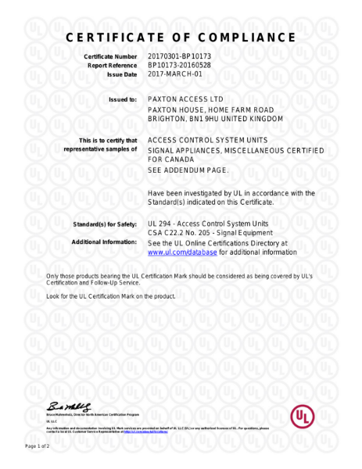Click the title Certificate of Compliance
(x=181, y=38)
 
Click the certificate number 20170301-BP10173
(x=179, y=57)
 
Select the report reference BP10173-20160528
(x=179, y=66)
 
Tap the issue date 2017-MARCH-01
(x=174, y=74)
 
